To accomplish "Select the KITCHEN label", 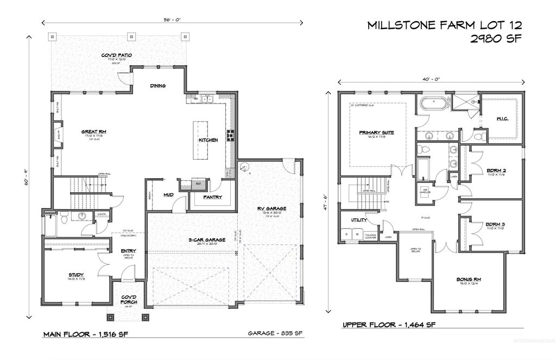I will point(208,140).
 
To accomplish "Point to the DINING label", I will point(158,86).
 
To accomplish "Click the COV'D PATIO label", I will point(117,55).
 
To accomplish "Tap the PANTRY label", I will point(212,197).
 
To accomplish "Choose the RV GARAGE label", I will point(271,208).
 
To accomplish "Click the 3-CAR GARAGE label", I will point(192,240).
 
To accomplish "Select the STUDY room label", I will point(61,275).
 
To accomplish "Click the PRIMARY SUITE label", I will point(376,132).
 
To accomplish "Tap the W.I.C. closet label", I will point(502,118).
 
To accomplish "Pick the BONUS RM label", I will point(469,280).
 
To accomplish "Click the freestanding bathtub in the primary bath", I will point(432,102).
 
